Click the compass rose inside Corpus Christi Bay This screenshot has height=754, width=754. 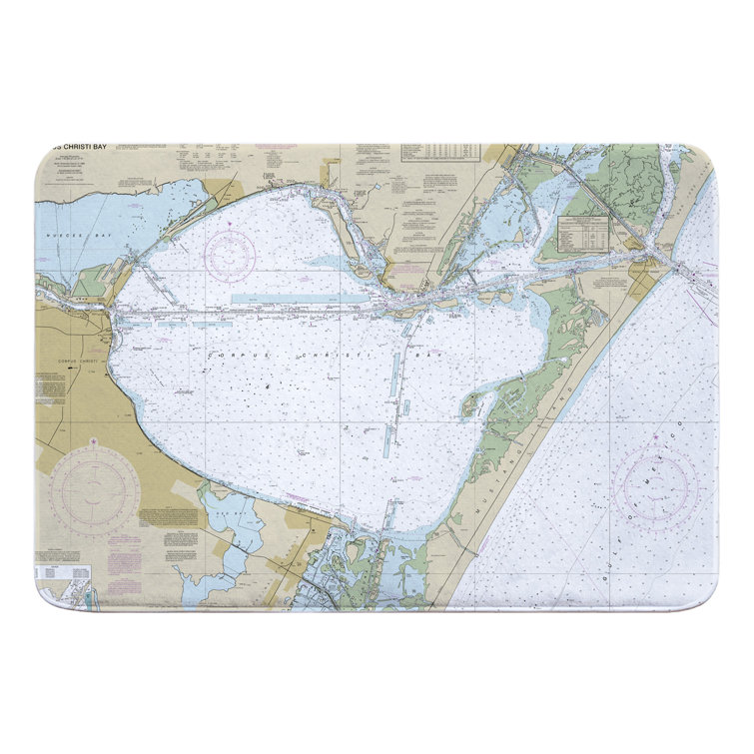click(x=230, y=256)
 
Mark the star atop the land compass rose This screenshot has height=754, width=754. click(x=96, y=439)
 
